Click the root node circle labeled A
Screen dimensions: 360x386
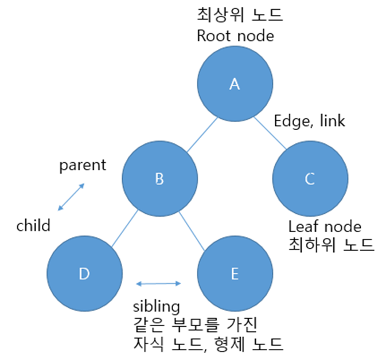[234, 84]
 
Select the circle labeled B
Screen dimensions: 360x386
[159, 179]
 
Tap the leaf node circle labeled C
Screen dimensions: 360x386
[310, 179]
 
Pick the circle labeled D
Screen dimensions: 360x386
[84, 273]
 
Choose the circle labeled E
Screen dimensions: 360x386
[234, 273]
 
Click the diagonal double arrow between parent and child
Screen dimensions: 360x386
[72, 197]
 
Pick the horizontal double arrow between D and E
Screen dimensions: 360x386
[159, 283]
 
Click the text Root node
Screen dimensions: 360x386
[235, 36]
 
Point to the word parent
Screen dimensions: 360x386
[83, 166]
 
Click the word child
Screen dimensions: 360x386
[33, 225]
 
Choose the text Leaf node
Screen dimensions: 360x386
[325, 226]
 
